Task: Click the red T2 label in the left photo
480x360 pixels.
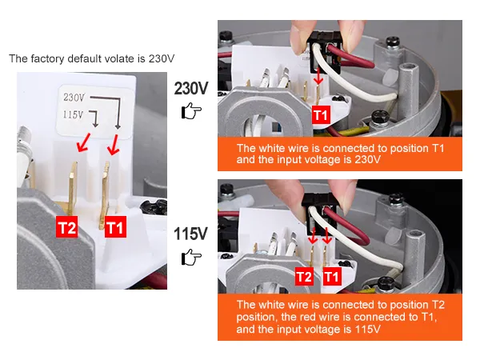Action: click(x=66, y=227)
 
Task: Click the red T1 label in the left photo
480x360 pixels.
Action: click(x=115, y=227)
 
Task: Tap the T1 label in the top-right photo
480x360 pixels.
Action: click(x=321, y=115)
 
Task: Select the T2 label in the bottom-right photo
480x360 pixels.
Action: click(x=304, y=277)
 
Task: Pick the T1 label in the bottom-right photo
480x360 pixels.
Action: click(x=332, y=277)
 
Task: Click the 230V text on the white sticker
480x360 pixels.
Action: click(x=74, y=98)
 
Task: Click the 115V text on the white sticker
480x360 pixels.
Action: click(x=73, y=114)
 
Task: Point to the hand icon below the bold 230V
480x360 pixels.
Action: click(x=191, y=110)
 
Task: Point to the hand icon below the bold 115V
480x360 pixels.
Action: click(x=191, y=257)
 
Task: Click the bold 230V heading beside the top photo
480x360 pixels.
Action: click(x=191, y=89)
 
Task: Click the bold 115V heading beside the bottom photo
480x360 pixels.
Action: click(x=190, y=234)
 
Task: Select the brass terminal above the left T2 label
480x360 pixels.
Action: click(x=73, y=188)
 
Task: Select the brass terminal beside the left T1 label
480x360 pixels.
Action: click(x=104, y=194)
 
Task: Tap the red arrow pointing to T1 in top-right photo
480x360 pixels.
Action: click(x=318, y=76)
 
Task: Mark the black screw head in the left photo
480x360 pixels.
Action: click(x=154, y=206)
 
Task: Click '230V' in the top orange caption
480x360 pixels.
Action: click(x=367, y=159)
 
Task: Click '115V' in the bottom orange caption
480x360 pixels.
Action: click(x=367, y=329)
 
